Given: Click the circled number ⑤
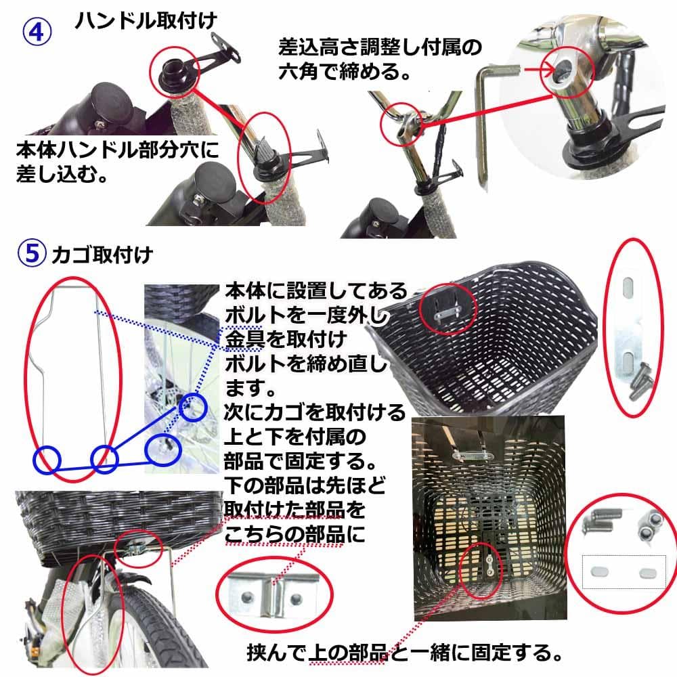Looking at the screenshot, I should [x=32, y=255].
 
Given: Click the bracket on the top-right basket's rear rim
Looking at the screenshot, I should [x=447, y=309].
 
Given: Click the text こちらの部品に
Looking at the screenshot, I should [x=294, y=533].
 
